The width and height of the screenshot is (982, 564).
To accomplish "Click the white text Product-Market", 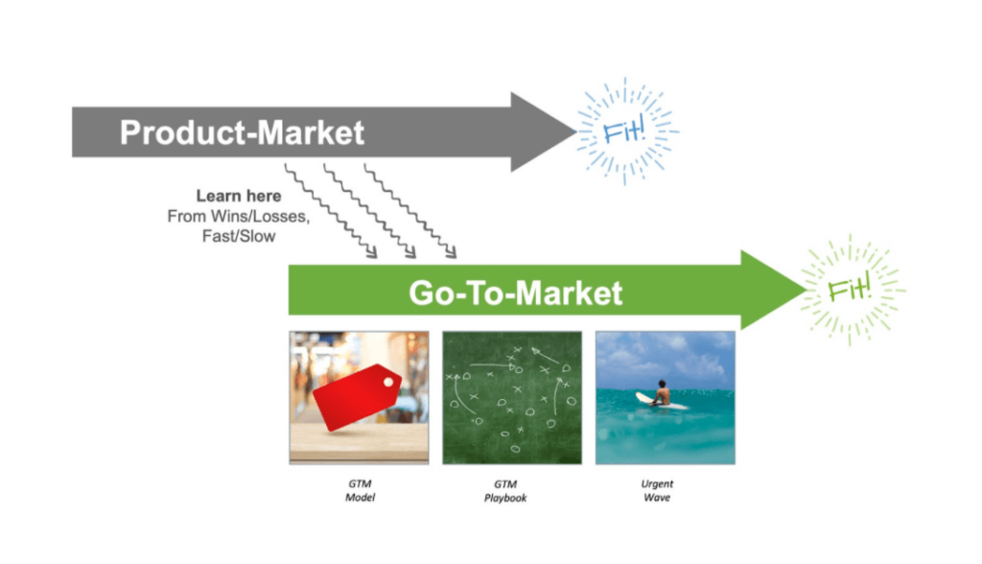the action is pos(242,133).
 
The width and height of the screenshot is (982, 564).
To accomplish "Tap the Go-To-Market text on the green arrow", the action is pos(515,293).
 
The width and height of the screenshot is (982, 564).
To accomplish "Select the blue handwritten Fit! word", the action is pos(623,131).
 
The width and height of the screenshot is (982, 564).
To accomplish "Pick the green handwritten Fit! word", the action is pos(849,289).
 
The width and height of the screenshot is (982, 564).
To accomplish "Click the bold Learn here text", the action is pos(239,196).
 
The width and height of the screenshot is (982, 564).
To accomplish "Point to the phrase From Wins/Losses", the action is pos(238,216).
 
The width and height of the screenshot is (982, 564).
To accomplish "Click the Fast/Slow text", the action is pos(239,236).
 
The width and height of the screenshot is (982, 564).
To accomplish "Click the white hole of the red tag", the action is pos(388,382).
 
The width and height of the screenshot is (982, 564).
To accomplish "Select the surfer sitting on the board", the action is pos(660,393).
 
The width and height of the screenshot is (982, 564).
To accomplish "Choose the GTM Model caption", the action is pos(361,491).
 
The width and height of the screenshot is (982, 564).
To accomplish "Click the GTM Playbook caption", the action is pos(505,491).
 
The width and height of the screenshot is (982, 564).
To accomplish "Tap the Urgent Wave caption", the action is pos(657,491).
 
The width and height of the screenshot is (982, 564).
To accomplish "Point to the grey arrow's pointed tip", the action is pos(576,131).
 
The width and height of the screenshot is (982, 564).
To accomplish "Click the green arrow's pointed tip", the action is pos(807,290).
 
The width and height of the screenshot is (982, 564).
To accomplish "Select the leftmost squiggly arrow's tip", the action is pos(376,257).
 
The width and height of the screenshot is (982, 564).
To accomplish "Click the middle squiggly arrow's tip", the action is pos(414,257).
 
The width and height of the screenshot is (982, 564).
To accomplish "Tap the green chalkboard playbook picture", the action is pos(512,398).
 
